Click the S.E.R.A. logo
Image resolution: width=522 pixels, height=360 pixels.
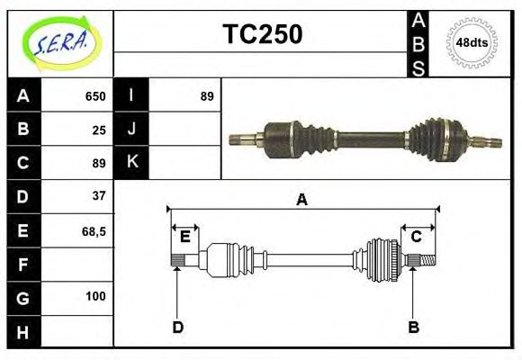pyautogui.click(x=59, y=41)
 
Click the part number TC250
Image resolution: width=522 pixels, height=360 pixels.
pyautogui.click(x=262, y=34)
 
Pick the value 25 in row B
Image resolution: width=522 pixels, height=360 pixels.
pyautogui.click(x=99, y=130)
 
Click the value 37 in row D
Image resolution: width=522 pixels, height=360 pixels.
pyautogui.click(x=99, y=195)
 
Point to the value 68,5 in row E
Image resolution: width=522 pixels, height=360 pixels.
pyautogui.click(x=94, y=230)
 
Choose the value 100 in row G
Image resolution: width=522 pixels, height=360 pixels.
pyautogui.click(x=95, y=296)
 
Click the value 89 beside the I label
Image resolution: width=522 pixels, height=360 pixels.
pyautogui.click(x=207, y=96)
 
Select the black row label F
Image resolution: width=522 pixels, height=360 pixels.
pyautogui.click(x=22, y=265)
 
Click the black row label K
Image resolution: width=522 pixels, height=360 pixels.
pyautogui.click(x=131, y=163)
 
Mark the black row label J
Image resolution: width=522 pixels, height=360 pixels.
pyautogui.click(x=131, y=130)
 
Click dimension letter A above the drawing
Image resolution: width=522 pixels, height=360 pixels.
pyautogui.click(x=302, y=200)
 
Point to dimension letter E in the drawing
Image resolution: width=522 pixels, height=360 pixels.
pyautogui.click(x=184, y=237)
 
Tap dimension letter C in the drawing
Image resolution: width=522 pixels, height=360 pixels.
pyautogui.click(x=417, y=237)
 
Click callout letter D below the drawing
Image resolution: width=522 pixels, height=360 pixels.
pyautogui.click(x=177, y=327)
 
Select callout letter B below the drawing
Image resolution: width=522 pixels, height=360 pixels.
pyautogui.click(x=413, y=327)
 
